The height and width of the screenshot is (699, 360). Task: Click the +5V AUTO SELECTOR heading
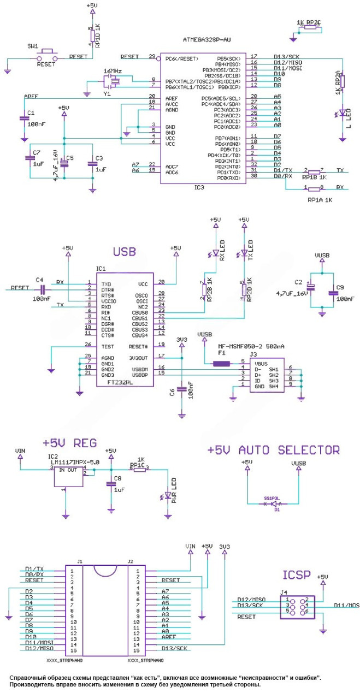coord(274,450)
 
